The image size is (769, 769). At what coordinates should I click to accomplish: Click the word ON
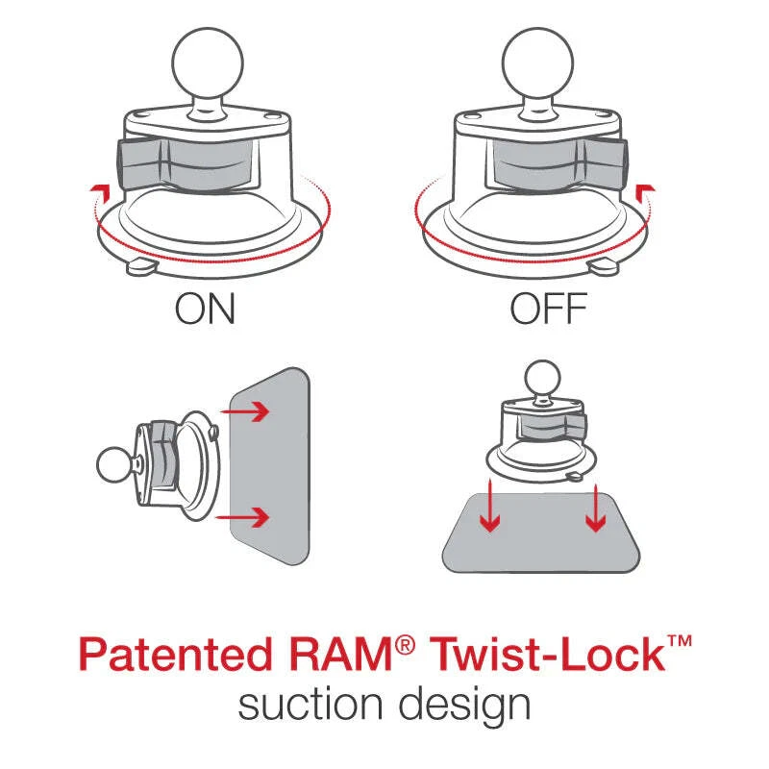point(205,310)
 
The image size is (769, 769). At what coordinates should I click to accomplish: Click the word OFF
point(548,310)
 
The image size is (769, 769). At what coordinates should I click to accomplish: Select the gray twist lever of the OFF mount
point(558,163)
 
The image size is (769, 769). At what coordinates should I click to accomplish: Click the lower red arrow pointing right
point(247,519)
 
